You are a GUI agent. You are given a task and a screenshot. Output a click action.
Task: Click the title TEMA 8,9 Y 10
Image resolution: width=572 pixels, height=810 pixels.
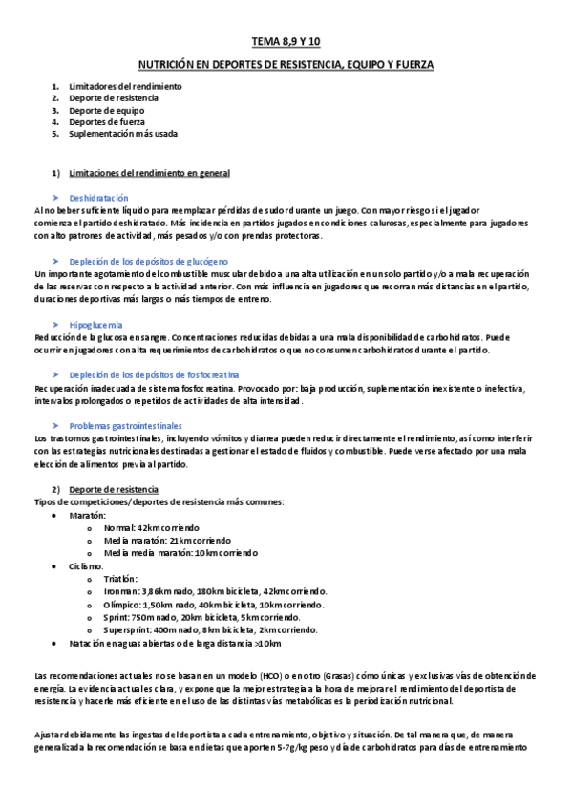[x=286, y=43]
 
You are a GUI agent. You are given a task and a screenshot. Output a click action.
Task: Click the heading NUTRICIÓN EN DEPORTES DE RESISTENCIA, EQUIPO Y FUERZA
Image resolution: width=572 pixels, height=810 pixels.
[x=286, y=65]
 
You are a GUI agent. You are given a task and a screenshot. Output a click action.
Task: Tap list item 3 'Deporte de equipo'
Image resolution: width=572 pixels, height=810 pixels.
[x=106, y=110]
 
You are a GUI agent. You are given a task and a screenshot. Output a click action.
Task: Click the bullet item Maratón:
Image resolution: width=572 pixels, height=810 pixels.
[x=87, y=515]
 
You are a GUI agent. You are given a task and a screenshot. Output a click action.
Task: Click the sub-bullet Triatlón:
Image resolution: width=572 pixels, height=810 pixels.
[x=121, y=579]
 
